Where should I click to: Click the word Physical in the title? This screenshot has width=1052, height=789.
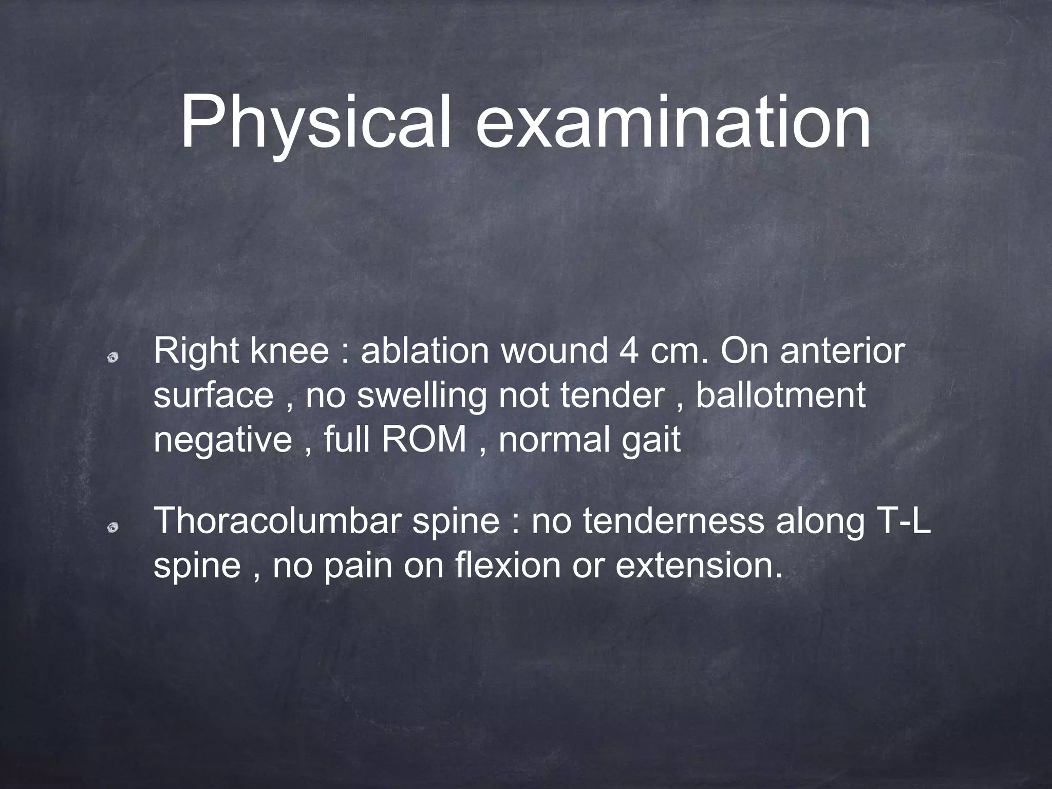pyautogui.click(x=315, y=123)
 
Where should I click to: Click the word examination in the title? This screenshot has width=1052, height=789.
pyautogui.click(x=673, y=123)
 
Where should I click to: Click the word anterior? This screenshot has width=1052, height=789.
pyautogui.click(x=842, y=352)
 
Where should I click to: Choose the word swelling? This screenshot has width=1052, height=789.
pyautogui.click(x=421, y=396)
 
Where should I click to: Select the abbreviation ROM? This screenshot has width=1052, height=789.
pyautogui.click(x=424, y=440)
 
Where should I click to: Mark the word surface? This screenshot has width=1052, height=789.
pyautogui.click(x=214, y=396)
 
